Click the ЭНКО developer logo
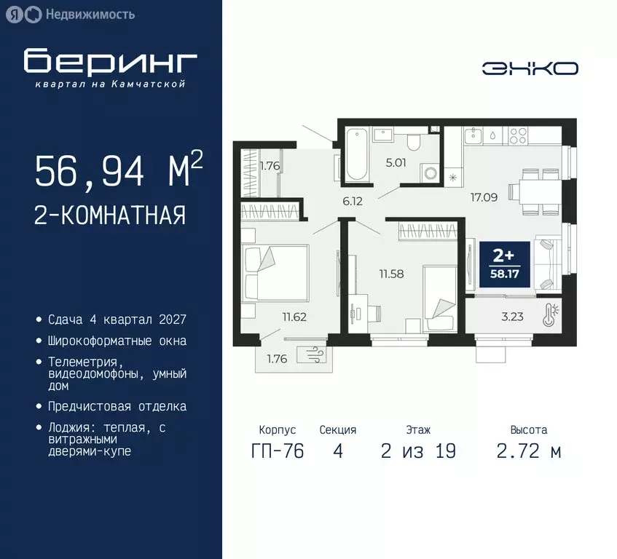530,68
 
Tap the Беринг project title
110,63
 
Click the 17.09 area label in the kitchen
484,196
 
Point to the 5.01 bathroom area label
396,162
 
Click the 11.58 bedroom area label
390,274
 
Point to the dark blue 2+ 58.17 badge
504,263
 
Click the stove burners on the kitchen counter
518,135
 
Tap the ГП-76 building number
277,451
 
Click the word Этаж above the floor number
418,430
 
